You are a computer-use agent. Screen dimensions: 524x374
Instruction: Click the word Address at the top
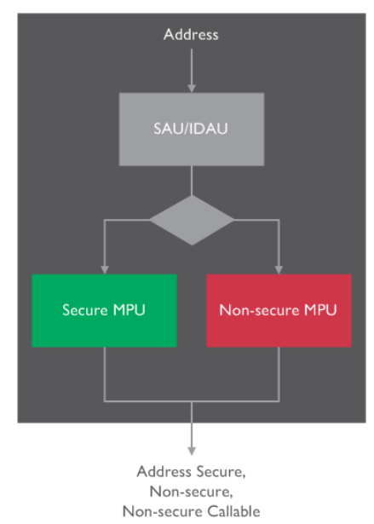[191, 35]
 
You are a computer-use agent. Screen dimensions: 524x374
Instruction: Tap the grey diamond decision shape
[191, 220]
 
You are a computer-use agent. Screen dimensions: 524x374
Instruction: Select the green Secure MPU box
[104, 310]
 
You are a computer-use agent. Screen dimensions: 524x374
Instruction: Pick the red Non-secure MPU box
[278, 310]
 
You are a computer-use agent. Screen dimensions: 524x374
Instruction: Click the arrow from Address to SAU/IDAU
[191, 68]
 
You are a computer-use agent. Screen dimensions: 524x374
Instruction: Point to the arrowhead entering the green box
[104, 269]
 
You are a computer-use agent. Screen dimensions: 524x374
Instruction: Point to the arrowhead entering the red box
[279, 269]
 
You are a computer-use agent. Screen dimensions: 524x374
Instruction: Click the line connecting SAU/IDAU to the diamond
[191, 181]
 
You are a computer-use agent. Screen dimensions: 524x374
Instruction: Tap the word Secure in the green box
[83, 310]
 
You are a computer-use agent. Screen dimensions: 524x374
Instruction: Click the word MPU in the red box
[320, 310]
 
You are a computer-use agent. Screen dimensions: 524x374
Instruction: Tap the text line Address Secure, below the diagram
[191, 471]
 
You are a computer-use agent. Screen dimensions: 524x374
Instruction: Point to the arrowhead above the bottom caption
[191, 450]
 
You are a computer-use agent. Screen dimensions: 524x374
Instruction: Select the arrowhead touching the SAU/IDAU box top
[191, 88]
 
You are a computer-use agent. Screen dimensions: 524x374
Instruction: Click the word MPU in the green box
[128, 310]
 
